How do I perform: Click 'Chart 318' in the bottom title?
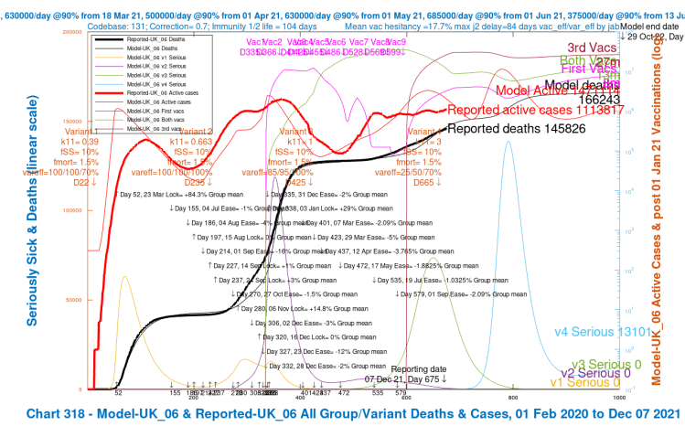pyautogui.click(x=53, y=414)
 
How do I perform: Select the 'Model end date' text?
pyautogui.click(x=651, y=27)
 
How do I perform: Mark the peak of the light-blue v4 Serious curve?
pyautogui.click(x=510, y=143)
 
